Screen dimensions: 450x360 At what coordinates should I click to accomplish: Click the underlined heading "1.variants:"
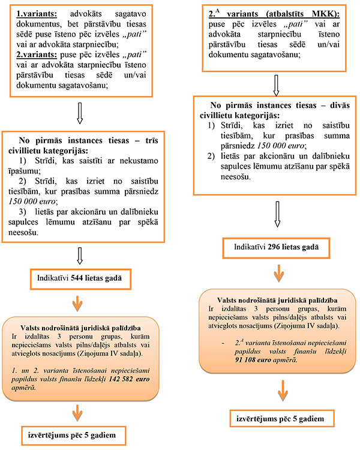coord(37,13)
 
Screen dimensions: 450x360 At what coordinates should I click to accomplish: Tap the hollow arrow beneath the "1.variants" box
coord(80,112)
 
